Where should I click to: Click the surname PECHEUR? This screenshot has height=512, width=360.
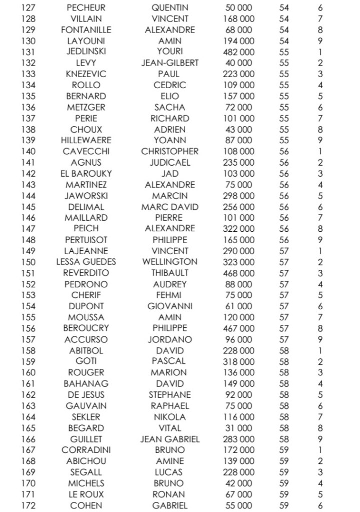click(x=86, y=8)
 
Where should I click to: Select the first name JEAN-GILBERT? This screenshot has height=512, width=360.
click(x=170, y=63)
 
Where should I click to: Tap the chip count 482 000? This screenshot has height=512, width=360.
click(x=238, y=52)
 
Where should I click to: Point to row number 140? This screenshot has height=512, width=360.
click(x=28, y=151)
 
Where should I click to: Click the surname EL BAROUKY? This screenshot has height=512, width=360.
click(x=86, y=173)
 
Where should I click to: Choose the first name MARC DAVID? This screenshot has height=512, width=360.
click(x=170, y=207)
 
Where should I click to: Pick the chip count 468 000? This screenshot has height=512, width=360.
click(x=238, y=273)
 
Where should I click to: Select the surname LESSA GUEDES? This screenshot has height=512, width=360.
click(x=86, y=262)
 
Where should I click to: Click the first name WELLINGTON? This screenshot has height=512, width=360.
click(x=170, y=262)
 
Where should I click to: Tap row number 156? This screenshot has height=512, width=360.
click(x=28, y=328)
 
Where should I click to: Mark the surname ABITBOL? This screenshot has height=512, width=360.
click(x=86, y=350)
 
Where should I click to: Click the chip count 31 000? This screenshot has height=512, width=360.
click(x=238, y=428)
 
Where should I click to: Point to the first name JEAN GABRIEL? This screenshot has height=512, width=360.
click(x=170, y=439)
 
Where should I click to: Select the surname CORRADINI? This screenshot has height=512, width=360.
click(x=86, y=450)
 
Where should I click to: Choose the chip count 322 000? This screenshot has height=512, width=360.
click(x=238, y=229)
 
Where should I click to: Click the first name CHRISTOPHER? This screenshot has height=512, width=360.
click(x=170, y=151)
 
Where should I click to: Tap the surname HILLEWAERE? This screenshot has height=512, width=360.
click(x=86, y=140)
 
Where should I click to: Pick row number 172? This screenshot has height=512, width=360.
click(x=28, y=505)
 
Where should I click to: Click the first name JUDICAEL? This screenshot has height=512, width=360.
click(x=170, y=162)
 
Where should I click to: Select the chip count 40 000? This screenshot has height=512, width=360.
click(x=238, y=63)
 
